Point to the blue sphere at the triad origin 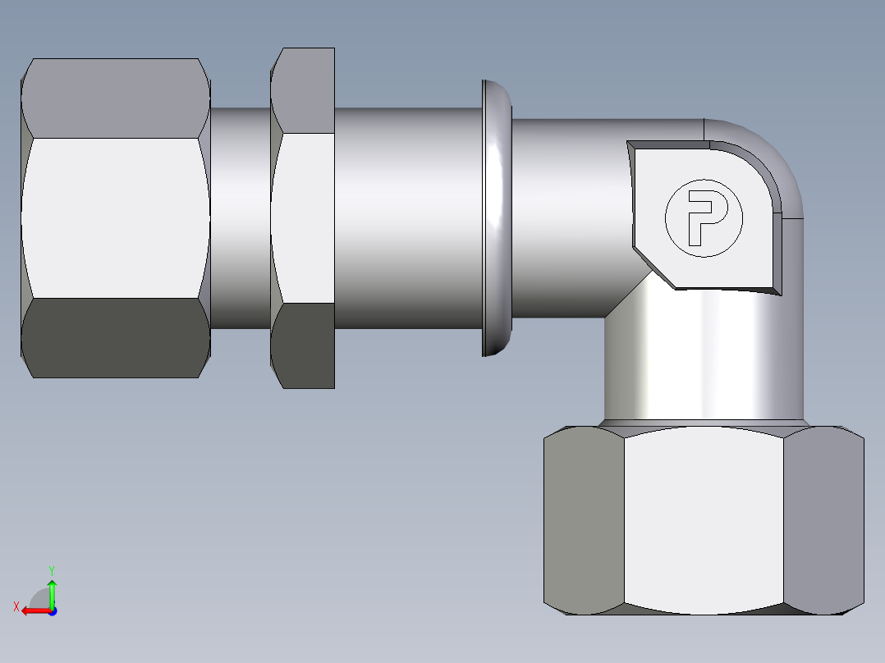click(52, 611)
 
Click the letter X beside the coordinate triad click(16, 606)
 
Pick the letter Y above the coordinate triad click(51, 569)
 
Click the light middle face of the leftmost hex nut click(115, 217)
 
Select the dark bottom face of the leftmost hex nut click(115, 337)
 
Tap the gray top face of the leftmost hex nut click(115, 97)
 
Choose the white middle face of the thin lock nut click(304, 217)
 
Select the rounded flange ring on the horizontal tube click(497, 217)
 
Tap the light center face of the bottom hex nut click(703, 521)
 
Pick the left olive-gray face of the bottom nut click(584, 521)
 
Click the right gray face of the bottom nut click(823, 521)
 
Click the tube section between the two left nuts click(240, 217)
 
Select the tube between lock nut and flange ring click(406, 217)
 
